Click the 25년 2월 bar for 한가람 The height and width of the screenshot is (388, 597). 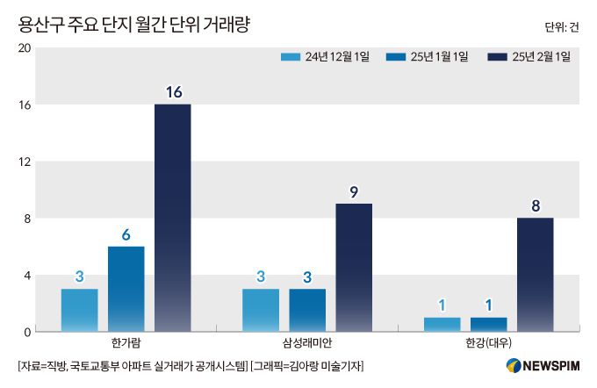[x=172, y=218]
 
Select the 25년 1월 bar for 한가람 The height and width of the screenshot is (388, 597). [x=126, y=289]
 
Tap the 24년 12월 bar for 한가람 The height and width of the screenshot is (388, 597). [x=79, y=310]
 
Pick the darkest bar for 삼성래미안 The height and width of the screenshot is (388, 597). [x=354, y=268]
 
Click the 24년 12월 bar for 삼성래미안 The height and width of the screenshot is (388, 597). [x=261, y=310]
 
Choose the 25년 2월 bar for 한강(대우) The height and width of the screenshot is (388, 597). [x=535, y=275]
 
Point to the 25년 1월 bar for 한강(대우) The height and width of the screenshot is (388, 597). [x=488, y=324]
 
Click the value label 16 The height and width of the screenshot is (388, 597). [x=172, y=91]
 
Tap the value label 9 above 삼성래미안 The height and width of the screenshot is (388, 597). [x=354, y=190]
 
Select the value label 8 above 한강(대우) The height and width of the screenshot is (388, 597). [x=535, y=205]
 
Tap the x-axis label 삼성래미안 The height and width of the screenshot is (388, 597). [x=307, y=342]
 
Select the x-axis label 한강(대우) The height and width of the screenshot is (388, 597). [x=488, y=342]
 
